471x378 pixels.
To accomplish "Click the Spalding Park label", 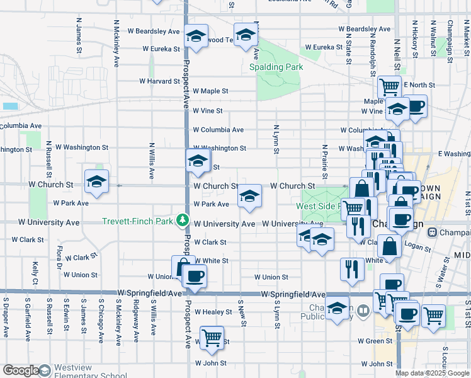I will (276, 67).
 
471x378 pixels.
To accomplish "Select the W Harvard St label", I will (159, 81).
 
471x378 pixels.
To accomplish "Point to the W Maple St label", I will (210, 91).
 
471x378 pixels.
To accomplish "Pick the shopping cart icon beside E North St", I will (389, 87).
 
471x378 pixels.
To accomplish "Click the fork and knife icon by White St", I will (352, 268).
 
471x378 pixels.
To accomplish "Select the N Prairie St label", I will (324, 161).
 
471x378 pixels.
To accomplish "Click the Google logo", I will (21, 370).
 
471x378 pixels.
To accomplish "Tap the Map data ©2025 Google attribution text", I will (432, 374).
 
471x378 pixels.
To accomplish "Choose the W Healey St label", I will (213, 312).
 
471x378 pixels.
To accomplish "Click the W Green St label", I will (375, 341).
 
